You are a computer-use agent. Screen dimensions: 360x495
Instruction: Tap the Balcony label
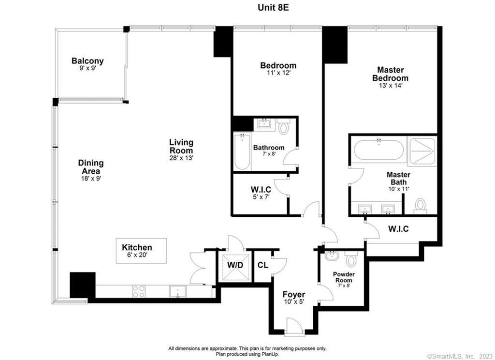tap(87, 61)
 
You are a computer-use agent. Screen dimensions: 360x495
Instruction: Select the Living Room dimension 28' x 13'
tap(181, 158)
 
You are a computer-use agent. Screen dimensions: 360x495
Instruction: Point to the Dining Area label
tap(91, 164)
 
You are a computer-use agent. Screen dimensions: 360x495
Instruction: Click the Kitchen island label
tap(137, 247)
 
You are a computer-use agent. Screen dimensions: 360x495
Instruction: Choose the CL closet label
tap(262, 265)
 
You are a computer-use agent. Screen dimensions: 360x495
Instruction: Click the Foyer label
tap(293, 294)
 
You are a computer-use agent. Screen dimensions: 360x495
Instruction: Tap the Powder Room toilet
tap(352, 260)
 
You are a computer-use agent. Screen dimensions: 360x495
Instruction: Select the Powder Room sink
tap(332, 255)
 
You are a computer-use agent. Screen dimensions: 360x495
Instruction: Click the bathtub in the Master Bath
tap(378, 150)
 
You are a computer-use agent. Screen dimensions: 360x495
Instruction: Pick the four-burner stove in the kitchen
tap(139, 291)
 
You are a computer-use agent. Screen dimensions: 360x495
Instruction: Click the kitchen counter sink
tap(177, 291)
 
